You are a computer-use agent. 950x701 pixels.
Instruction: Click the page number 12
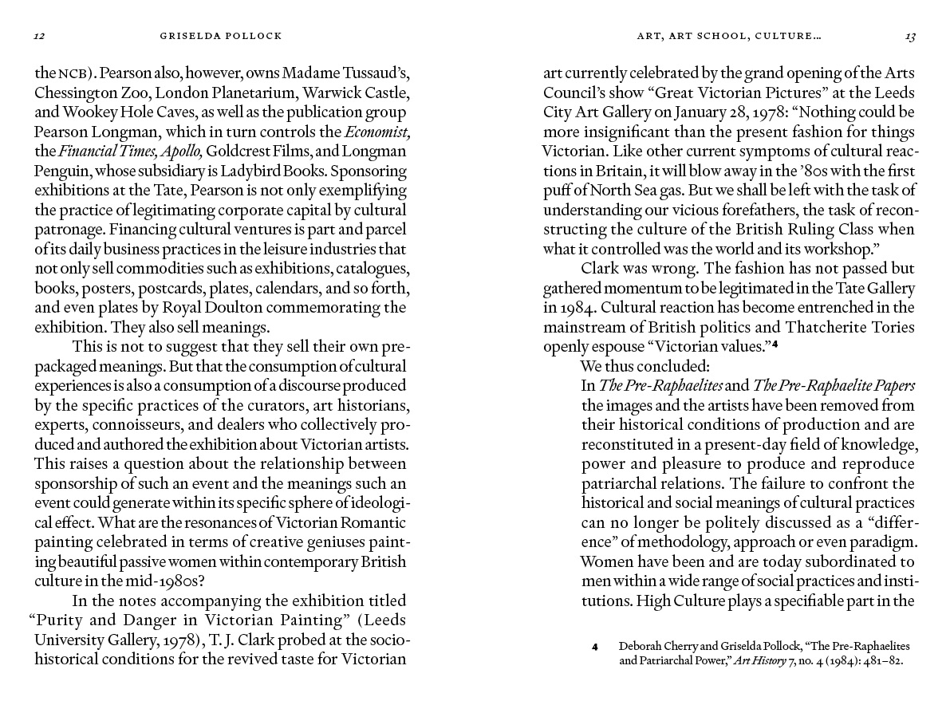38,36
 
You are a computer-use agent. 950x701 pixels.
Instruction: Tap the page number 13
910,36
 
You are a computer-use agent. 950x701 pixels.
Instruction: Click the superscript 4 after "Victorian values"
775,344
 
